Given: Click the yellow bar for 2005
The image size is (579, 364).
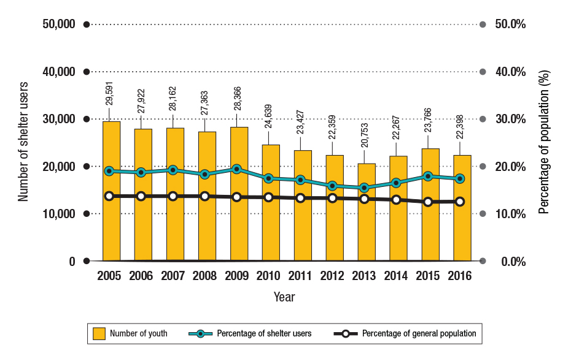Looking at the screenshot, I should pyautogui.click(x=111, y=191).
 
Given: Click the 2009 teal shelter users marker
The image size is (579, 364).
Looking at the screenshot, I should pyautogui.click(x=237, y=169).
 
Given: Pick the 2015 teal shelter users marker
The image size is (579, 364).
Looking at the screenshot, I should pyautogui.click(x=429, y=176).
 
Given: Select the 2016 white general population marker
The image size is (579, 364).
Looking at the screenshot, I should pyautogui.click(x=460, y=202).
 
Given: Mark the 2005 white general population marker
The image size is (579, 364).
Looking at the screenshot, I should pyautogui.click(x=109, y=196).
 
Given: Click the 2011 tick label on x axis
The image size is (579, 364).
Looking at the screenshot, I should pyautogui.click(x=300, y=276).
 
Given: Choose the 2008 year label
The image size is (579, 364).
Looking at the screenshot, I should pyautogui.click(x=204, y=276).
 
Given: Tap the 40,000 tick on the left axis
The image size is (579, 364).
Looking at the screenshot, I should pyautogui.click(x=59, y=72).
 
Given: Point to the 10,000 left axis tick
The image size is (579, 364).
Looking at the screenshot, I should pyautogui.click(x=59, y=214).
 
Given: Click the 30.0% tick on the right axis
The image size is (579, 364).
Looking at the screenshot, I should pyautogui.click(x=510, y=119).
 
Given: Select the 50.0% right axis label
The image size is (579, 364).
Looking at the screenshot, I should pyautogui.click(x=510, y=25).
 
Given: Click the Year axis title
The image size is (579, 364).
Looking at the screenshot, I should pyautogui.click(x=284, y=297).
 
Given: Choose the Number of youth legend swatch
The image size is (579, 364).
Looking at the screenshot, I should pyautogui.click(x=99, y=333).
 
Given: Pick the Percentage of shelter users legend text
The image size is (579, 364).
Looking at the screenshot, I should pyautogui.click(x=264, y=333).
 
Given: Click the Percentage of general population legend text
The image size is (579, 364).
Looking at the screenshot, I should pyautogui.click(x=419, y=333).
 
